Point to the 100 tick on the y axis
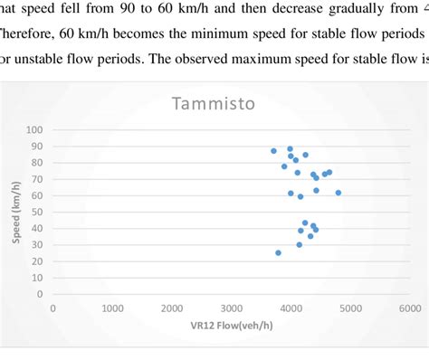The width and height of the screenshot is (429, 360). [x=37, y=130]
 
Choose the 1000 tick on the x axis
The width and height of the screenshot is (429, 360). [x=112, y=308]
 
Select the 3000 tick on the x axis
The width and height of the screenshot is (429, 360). [x=232, y=308]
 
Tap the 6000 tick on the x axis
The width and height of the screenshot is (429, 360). [x=410, y=308]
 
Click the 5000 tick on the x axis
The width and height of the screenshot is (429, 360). [x=350, y=308]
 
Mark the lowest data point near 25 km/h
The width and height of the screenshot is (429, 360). [x=278, y=252]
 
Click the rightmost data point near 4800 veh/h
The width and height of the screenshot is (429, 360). [x=338, y=193]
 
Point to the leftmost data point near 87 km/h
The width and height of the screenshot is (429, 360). [x=273, y=151]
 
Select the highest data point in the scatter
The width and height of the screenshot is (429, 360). [x=290, y=148]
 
